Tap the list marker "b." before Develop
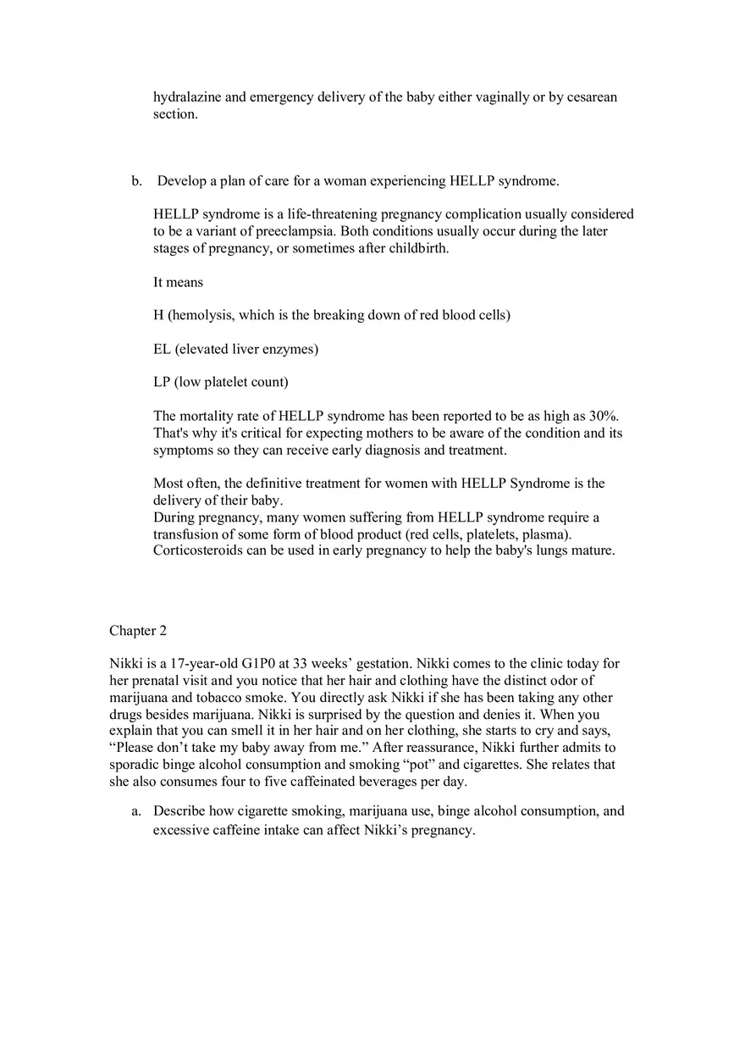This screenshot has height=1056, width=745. pyautogui.click(x=136, y=181)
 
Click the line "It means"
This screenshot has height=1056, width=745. pyautogui.click(x=178, y=282)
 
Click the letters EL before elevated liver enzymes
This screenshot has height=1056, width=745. pyautogui.click(x=162, y=349)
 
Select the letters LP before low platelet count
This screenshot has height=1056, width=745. pyautogui.click(x=162, y=382)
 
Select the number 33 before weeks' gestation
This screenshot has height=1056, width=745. pyautogui.click(x=301, y=664)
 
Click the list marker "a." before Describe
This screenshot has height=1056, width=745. pyautogui.click(x=136, y=811)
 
